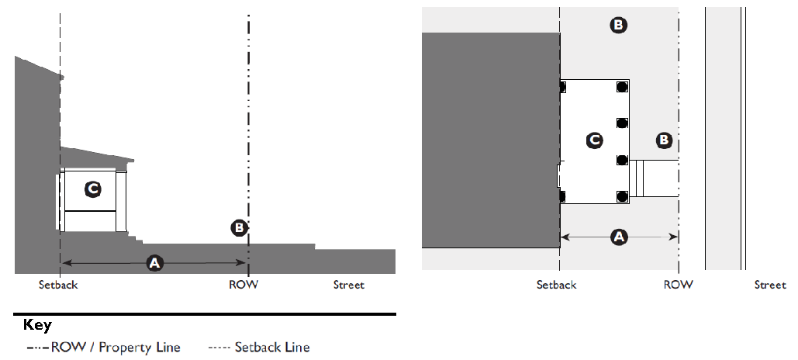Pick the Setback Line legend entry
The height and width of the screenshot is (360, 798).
coord(260,347)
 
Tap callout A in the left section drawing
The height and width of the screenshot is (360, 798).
coord(155,264)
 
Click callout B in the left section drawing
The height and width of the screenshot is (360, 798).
coord(240,227)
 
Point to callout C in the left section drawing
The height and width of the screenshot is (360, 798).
coord(92,189)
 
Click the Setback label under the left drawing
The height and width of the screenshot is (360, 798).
coord(58,285)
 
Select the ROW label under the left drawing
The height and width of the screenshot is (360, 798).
coord(244,285)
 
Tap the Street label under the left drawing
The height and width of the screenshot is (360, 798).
coord(349,285)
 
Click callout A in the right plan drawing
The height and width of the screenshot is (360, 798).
coord(618,237)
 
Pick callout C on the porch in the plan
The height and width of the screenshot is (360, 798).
coord(594,140)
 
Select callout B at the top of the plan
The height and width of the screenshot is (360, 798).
coord(618,26)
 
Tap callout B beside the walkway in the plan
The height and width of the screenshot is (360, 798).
coord(664,140)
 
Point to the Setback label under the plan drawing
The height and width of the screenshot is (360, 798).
coord(556,285)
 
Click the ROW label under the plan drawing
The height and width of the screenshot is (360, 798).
coord(678,285)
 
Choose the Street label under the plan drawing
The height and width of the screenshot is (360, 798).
coord(770,285)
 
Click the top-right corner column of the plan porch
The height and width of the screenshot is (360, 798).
coord(622,87)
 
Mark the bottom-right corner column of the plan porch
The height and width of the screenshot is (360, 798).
coord(622,196)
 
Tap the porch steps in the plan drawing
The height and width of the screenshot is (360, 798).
coord(637,178)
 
